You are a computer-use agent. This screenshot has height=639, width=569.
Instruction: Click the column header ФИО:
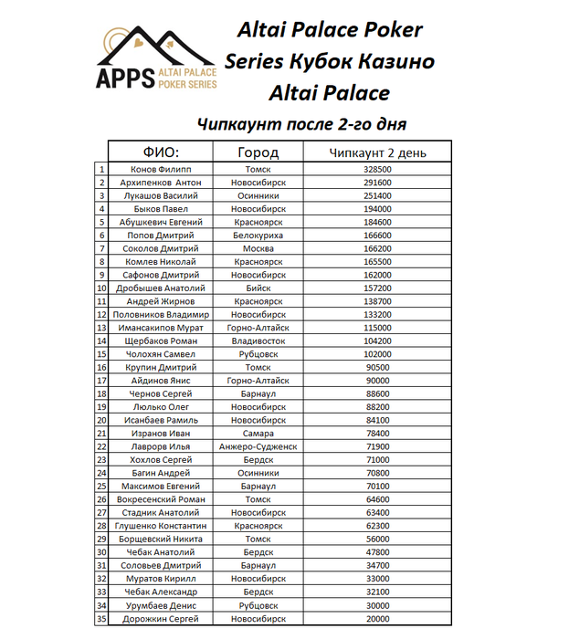tap(161, 152)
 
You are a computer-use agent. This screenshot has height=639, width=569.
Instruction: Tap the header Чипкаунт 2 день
tap(377, 152)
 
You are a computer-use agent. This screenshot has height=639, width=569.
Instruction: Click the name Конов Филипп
tap(161, 170)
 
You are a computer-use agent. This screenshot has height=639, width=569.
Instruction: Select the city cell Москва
tap(258, 248)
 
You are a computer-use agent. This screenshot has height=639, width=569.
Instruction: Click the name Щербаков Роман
tap(161, 341)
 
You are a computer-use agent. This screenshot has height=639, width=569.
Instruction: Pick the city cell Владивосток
tap(258, 341)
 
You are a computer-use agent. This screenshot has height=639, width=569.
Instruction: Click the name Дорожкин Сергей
tap(161, 619)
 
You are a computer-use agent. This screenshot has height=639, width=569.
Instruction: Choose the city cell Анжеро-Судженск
tap(258, 447)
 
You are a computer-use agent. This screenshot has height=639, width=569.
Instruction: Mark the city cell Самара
tap(258, 434)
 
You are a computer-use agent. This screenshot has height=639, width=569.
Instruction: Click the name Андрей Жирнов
tap(161, 301)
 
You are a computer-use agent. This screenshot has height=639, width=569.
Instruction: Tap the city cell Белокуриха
tap(258, 236)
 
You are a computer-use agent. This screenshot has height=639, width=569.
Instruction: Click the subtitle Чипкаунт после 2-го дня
tap(301, 123)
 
